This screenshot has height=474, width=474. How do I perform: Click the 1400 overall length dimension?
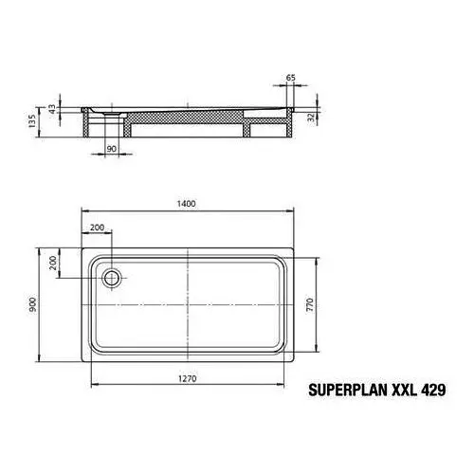[x=186, y=204]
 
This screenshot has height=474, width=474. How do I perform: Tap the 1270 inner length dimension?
[x=188, y=378]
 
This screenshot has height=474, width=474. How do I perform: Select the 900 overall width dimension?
[x=33, y=304]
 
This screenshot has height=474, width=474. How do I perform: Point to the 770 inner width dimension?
[x=310, y=304]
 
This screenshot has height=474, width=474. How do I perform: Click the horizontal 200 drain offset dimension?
[x=97, y=228]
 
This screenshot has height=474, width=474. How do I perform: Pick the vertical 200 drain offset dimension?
[x=53, y=263]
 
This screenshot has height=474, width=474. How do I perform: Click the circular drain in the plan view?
[x=111, y=279]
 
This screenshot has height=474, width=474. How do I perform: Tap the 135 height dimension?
[x=32, y=121]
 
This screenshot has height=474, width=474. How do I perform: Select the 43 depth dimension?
[x=52, y=109]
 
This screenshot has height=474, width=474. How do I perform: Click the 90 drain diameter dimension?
[x=111, y=149]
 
